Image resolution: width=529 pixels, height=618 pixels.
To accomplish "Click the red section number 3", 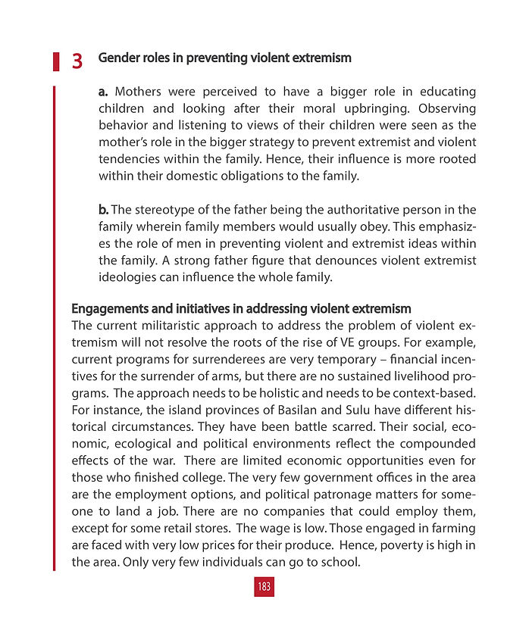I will point(77,61).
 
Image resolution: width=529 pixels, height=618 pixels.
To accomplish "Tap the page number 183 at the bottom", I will point(264,586).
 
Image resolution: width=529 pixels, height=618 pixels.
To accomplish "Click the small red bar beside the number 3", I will point(55,61).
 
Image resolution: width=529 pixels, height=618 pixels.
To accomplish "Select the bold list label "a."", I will point(105,92).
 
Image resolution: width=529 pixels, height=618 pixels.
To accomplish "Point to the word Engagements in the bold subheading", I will point(107,309).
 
